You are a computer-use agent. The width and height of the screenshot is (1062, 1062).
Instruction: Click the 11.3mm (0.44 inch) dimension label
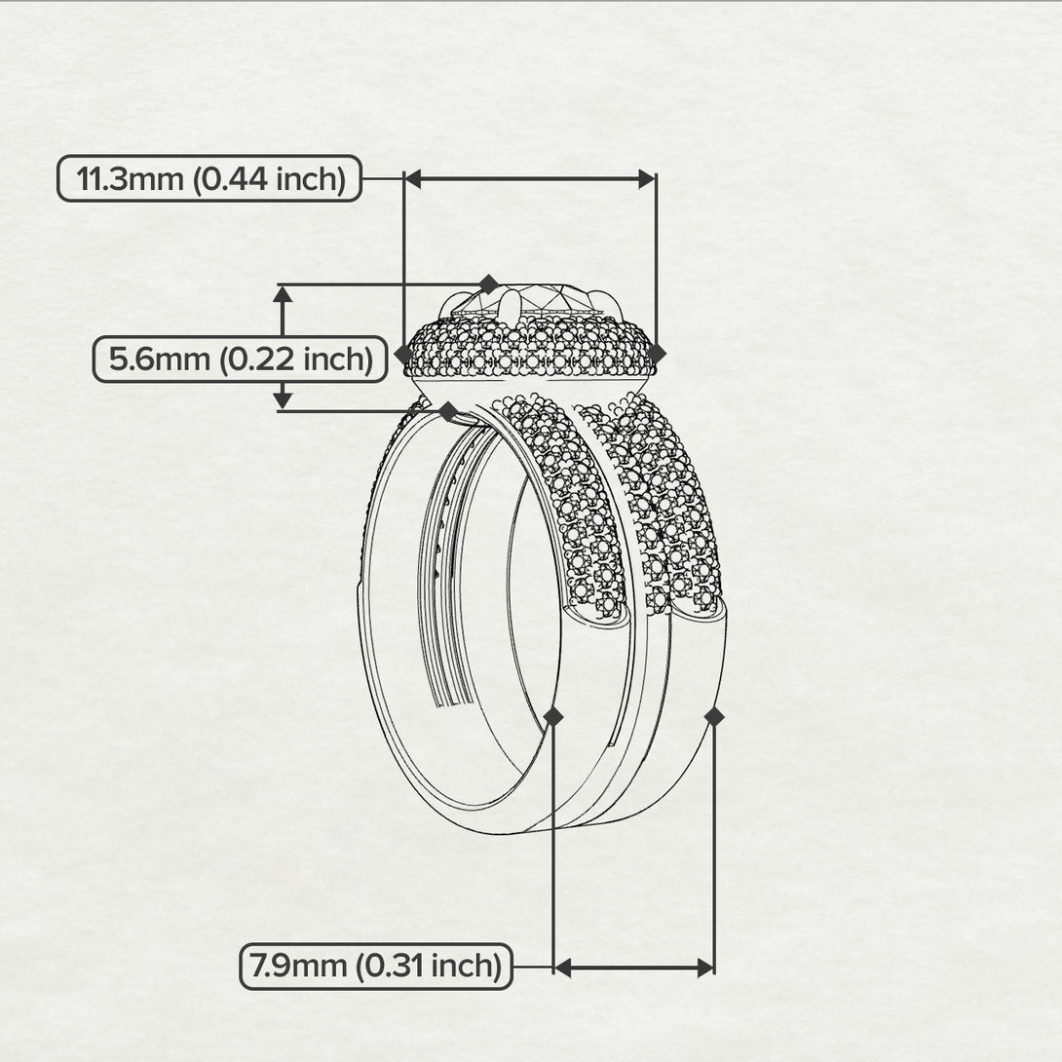(x=209, y=179)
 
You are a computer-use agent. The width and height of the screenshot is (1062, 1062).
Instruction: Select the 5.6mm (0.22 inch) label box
(x=241, y=359)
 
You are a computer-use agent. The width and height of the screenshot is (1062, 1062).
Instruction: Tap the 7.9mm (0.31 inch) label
(x=376, y=967)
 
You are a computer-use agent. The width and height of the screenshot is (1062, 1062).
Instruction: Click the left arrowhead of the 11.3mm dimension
(x=413, y=179)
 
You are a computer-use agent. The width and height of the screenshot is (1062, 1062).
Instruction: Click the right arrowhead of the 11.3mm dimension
(x=647, y=179)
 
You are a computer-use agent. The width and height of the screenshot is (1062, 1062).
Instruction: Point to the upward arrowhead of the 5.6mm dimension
(x=283, y=293)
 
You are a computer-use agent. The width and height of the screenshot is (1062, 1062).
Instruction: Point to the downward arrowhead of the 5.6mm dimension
(x=283, y=401)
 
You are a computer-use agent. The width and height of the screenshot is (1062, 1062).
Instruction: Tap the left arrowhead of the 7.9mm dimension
(x=563, y=968)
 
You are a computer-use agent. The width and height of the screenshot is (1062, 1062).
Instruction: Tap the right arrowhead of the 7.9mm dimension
(x=705, y=968)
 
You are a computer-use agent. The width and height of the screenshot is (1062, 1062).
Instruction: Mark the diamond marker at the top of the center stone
(x=488, y=284)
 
